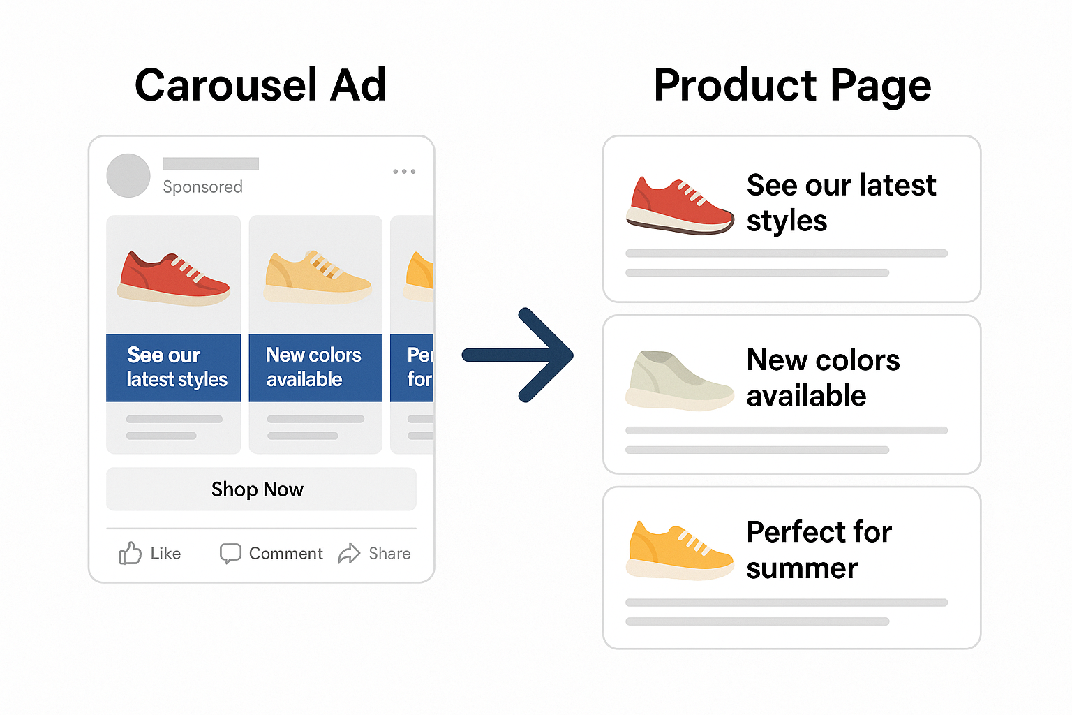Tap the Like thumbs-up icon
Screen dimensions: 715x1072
(130, 553)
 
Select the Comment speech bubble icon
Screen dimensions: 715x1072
(230, 553)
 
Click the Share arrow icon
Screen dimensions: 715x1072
(349, 553)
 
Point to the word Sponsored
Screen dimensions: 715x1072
(202, 187)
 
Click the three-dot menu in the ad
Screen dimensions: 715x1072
(404, 171)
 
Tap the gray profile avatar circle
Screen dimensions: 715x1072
(128, 175)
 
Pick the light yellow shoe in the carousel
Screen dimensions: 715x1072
(318, 277)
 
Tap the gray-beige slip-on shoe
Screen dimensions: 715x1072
(678, 380)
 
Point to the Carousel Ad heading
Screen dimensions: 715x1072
(260, 85)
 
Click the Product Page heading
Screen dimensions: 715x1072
(792, 85)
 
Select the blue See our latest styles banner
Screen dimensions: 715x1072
(173, 367)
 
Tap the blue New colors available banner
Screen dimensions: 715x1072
(315, 367)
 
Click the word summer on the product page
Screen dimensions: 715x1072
(802, 568)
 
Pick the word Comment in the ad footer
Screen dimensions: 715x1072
(285, 554)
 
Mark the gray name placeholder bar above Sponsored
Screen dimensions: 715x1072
(211, 163)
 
